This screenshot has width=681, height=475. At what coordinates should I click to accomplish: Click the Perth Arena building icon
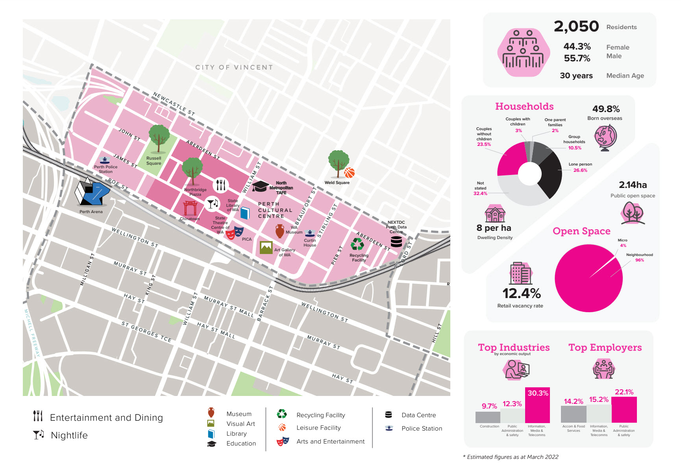(92, 192)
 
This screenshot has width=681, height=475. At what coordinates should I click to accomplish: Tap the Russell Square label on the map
(154, 161)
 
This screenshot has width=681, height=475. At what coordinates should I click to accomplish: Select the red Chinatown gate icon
(190, 208)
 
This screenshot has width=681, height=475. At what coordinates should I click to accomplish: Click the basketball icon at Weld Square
(349, 173)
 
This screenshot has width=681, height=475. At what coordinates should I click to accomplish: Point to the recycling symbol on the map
(357, 244)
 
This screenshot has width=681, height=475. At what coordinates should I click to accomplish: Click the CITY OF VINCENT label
(234, 67)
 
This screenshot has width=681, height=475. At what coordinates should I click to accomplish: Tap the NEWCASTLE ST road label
(174, 104)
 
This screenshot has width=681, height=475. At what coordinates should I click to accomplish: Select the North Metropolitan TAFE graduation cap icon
(260, 186)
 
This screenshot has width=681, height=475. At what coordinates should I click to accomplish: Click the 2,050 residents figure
(576, 26)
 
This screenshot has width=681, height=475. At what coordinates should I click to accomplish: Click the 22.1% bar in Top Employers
(624, 409)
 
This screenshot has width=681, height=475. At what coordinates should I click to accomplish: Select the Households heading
(524, 107)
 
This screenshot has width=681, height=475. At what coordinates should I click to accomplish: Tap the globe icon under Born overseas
(605, 138)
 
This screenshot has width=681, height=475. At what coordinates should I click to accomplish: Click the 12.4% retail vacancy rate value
(521, 293)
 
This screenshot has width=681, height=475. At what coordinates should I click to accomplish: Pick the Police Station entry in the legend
(422, 429)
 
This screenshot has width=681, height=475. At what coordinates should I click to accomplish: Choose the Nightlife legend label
(69, 435)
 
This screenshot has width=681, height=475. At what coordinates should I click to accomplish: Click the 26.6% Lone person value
(580, 170)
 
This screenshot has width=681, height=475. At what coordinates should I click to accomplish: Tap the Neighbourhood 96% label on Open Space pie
(639, 258)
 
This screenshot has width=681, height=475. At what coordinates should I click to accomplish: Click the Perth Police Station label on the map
(105, 169)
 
